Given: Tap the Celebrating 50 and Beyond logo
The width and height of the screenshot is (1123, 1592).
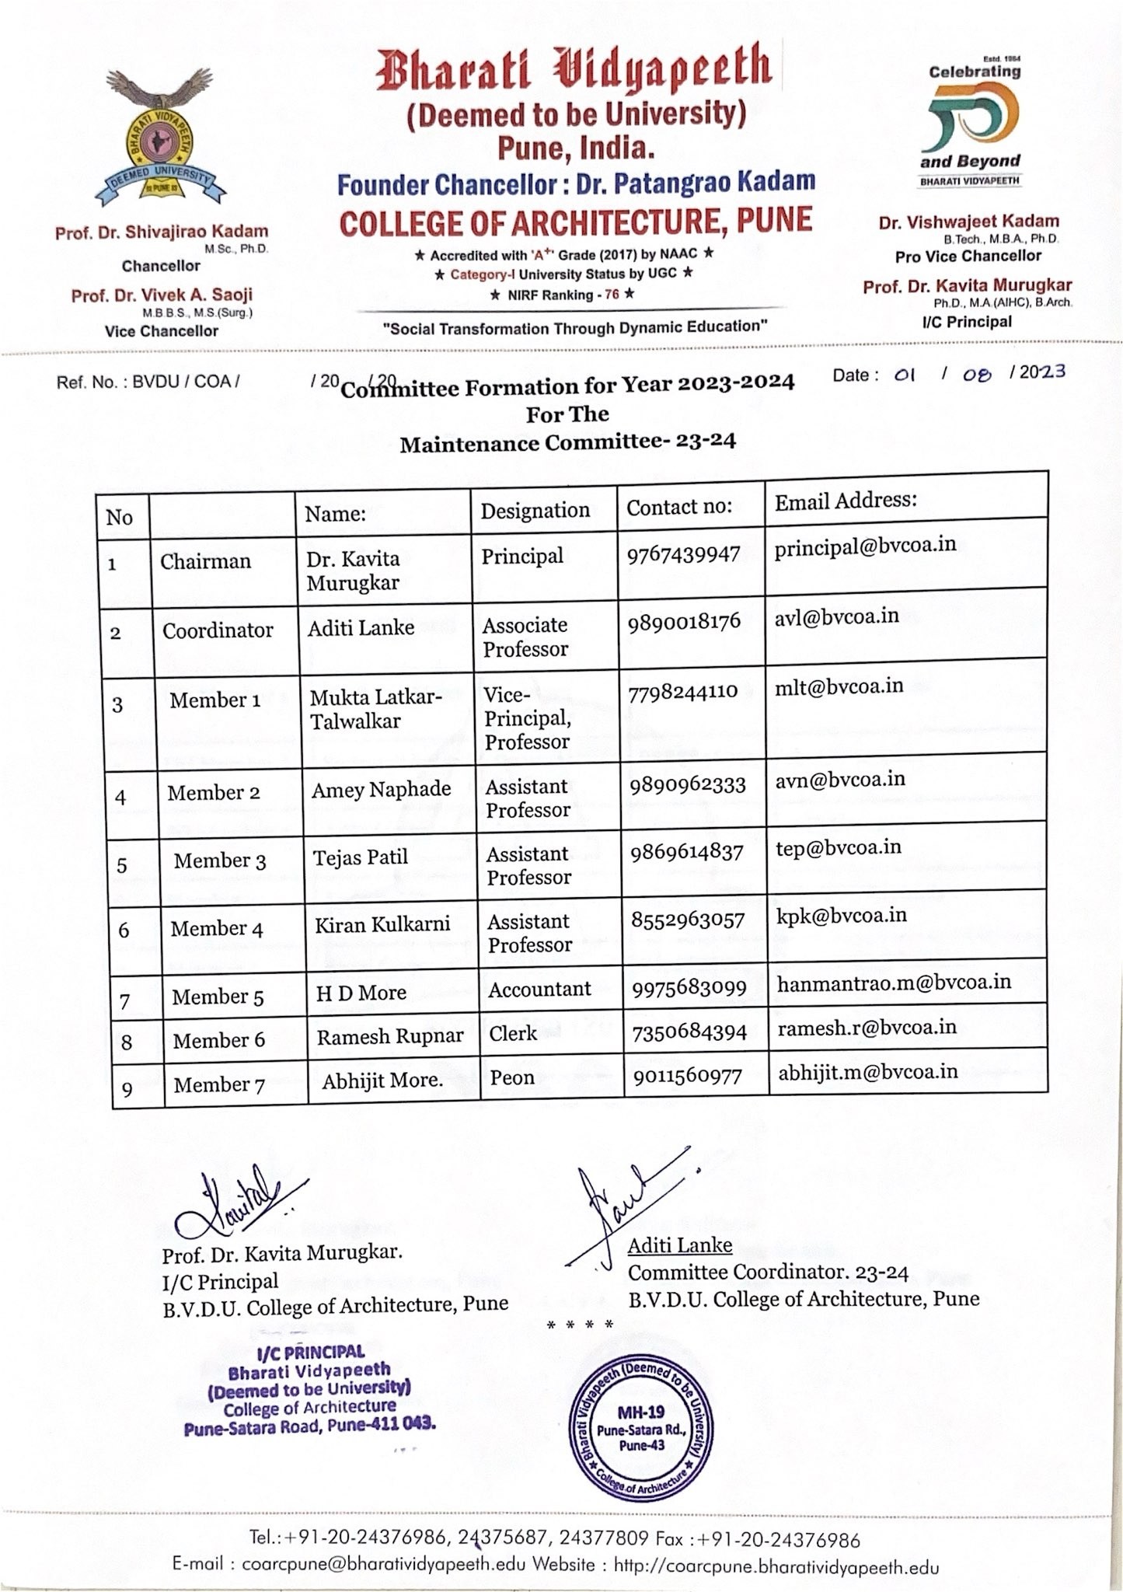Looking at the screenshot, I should tap(971, 125).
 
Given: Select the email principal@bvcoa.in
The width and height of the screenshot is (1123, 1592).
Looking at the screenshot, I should tap(865, 545).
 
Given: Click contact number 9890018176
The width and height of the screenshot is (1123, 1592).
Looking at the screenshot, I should tap(684, 622).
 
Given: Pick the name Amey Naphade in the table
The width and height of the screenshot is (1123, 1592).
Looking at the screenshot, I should tap(381, 790).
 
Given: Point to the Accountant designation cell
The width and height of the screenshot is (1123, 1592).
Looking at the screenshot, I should tap(539, 989).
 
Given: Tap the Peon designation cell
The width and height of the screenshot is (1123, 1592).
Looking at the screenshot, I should tap(512, 1077).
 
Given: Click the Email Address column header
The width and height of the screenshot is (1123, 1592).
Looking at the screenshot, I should tap(846, 500).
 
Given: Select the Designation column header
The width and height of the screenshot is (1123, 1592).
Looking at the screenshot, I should tap(535, 511).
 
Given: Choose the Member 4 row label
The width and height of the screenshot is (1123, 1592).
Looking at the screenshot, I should tap(217, 929).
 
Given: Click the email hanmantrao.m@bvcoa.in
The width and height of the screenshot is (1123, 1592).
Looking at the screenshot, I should tap(894, 983).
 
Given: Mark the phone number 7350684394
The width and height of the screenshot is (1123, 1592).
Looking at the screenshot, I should tap(689, 1032).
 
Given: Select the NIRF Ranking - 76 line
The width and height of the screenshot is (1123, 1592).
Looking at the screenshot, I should tap(563, 295).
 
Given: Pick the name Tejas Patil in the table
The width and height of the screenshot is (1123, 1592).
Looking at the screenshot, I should tap(360, 857).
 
